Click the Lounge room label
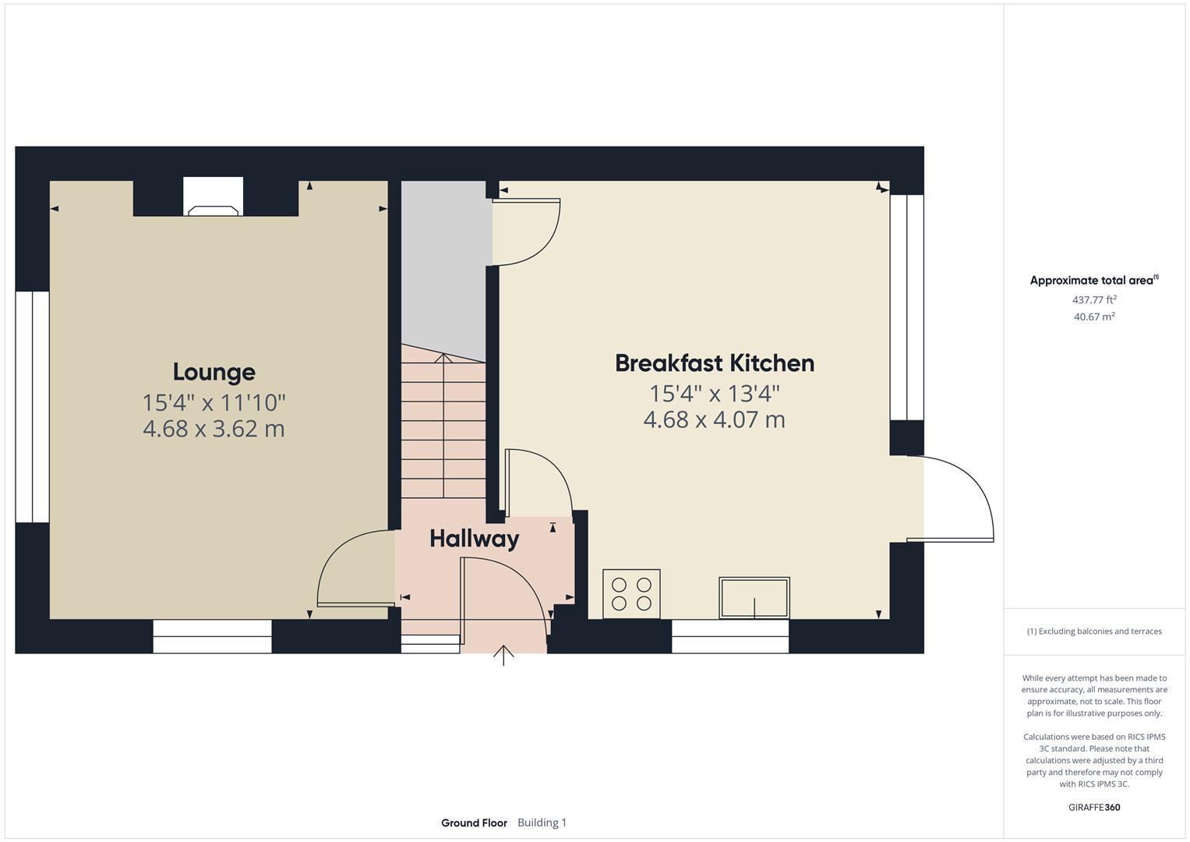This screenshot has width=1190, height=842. (214, 372)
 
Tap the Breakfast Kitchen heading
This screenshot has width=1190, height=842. (715, 363)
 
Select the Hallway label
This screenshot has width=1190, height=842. (474, 539)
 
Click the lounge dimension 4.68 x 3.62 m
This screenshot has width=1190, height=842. (214, 429)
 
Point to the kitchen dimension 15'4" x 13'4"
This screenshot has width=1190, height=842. (715, 394)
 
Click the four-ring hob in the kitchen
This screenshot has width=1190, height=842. (631, 594)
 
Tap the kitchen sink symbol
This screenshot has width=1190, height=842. (754, 598)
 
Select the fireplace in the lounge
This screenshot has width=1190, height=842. (213, 196)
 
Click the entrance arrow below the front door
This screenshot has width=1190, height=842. (503, 655)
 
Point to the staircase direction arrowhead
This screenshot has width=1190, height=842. (443, 358)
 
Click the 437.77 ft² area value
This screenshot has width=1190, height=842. (1094, 299)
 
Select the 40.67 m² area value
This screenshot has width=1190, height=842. (1094, 317)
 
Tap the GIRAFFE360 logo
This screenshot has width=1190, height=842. (1094, 808)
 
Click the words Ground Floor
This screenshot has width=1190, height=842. (474, 823)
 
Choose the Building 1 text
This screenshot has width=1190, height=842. (542, 823)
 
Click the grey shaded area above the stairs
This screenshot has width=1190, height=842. (443, 266)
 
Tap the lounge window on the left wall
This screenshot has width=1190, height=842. (33, 407)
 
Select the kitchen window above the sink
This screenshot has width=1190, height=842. (730, 636)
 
